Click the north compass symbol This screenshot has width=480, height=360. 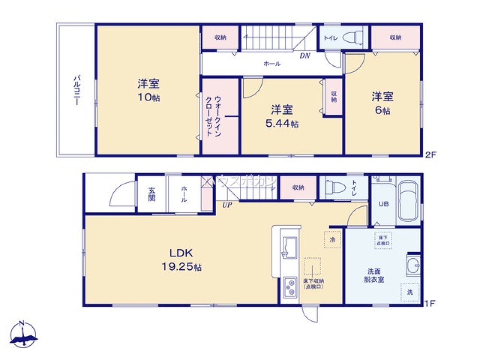[x=24, y=334]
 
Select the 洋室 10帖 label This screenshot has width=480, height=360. [x=148, y=90]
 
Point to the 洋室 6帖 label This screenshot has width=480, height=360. [x=382, y=103]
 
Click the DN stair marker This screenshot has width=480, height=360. [x=305, y=56]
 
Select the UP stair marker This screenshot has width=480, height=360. [x=227, y=204]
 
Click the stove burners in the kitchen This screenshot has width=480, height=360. [x=290, y=287]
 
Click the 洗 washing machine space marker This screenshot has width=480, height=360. [x=409, y=292]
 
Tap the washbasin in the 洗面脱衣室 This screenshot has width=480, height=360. [x=414, y=264]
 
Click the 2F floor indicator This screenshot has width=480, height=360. [x=430, y=155]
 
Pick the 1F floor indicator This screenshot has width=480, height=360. [x=430, y=304]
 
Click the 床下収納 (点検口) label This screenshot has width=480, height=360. [x=312, y=284]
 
